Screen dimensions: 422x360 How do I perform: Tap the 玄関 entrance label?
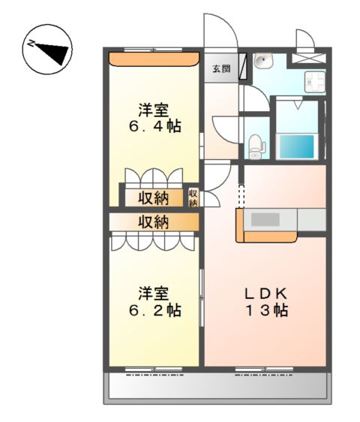click(x=220, y=69)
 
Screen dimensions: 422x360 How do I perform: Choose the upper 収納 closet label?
click(x=153, y=198)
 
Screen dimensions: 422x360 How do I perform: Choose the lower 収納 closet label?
click(x=153, y=222)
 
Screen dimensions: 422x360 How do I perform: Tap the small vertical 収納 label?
click(x=193, y=198)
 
